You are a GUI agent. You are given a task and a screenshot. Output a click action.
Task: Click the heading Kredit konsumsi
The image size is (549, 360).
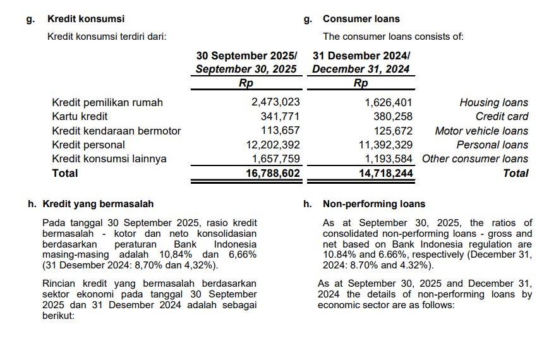[86, 19]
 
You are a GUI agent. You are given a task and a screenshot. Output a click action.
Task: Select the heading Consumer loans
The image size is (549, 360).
[361, 19]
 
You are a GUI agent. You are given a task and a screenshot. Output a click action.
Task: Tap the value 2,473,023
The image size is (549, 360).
[275, 102]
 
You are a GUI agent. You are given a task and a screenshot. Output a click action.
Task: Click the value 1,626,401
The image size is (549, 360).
[389, 102]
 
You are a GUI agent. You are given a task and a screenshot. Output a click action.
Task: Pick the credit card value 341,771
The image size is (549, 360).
[280, 116]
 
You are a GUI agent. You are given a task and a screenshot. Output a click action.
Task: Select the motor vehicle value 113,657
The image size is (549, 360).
[280, 131]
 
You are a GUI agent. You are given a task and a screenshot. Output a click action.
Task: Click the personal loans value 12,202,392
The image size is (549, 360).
[272, 145]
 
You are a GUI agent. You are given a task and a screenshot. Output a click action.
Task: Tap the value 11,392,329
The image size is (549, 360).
[385, 145]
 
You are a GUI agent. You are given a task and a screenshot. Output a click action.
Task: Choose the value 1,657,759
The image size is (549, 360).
[275, 159]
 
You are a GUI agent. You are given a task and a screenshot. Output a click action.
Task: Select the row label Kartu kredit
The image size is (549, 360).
[80, 116]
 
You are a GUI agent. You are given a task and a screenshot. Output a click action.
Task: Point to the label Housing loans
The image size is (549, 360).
[494, 102]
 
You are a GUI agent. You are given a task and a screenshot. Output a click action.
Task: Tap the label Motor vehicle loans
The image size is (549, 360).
[481, 131]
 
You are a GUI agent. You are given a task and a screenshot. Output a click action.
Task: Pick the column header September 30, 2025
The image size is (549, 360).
[246, 69]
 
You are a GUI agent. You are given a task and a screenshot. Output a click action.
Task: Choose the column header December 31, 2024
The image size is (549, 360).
[361, 69]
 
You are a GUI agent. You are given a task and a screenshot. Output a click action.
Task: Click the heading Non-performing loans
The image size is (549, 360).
[374, 204]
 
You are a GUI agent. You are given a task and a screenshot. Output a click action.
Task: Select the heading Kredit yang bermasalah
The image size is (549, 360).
[98, 204]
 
